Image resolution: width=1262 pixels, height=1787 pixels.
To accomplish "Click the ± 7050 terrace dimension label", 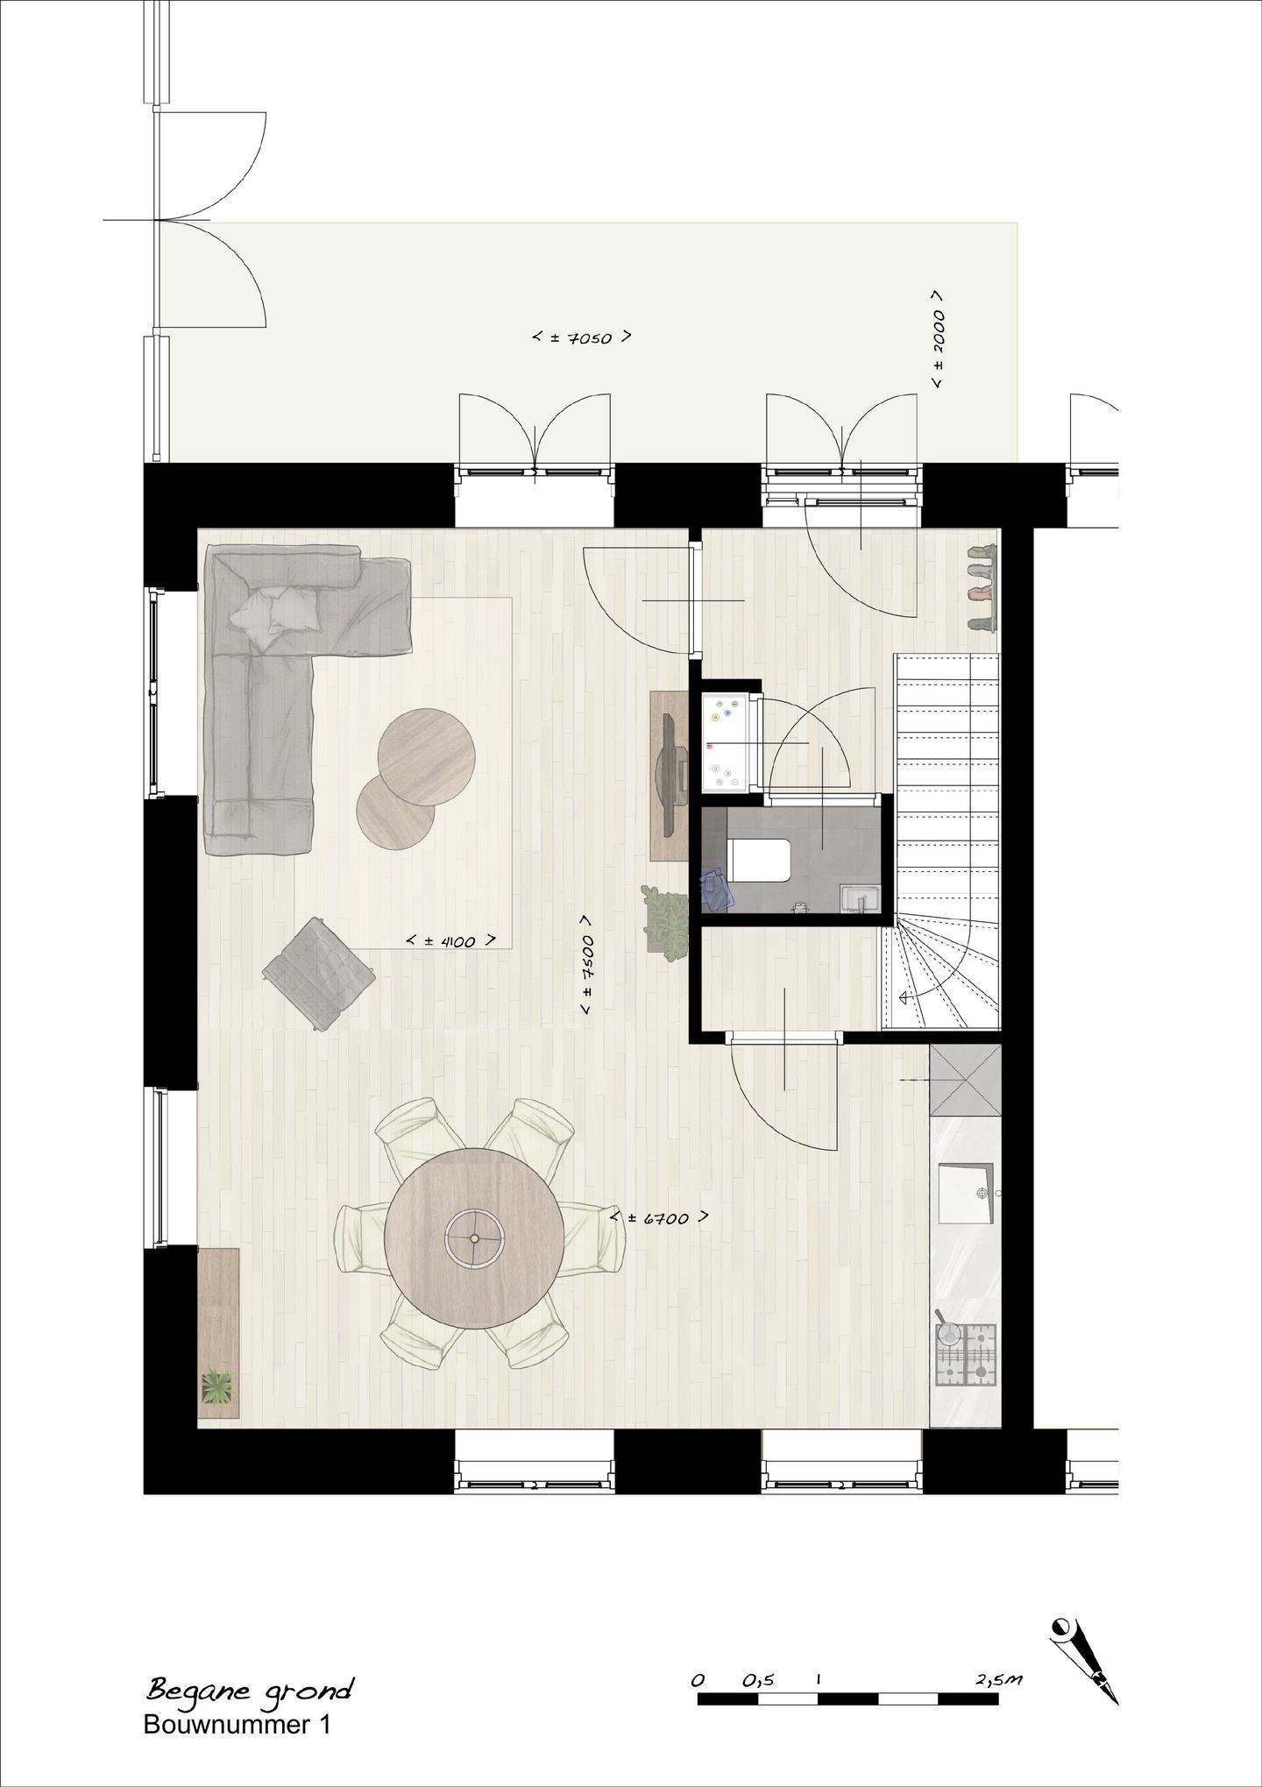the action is click(x=583, y=337).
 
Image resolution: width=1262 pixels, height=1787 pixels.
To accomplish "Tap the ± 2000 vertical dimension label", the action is click(x=938, y=339).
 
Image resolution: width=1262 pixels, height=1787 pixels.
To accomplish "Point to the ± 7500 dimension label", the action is click(x=587, y=966).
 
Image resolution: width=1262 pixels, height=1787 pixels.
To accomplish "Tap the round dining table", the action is click(x=474, y=1238).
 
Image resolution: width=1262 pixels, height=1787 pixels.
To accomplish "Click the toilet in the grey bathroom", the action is click(x=759, y=856).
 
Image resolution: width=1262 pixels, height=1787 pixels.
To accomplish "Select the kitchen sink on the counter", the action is click(x=966, y=1193).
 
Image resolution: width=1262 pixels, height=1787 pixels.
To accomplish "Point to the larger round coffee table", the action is click(x=427, y=757).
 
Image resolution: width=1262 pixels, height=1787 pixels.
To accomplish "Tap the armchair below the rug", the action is click(x=318, y=971).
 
